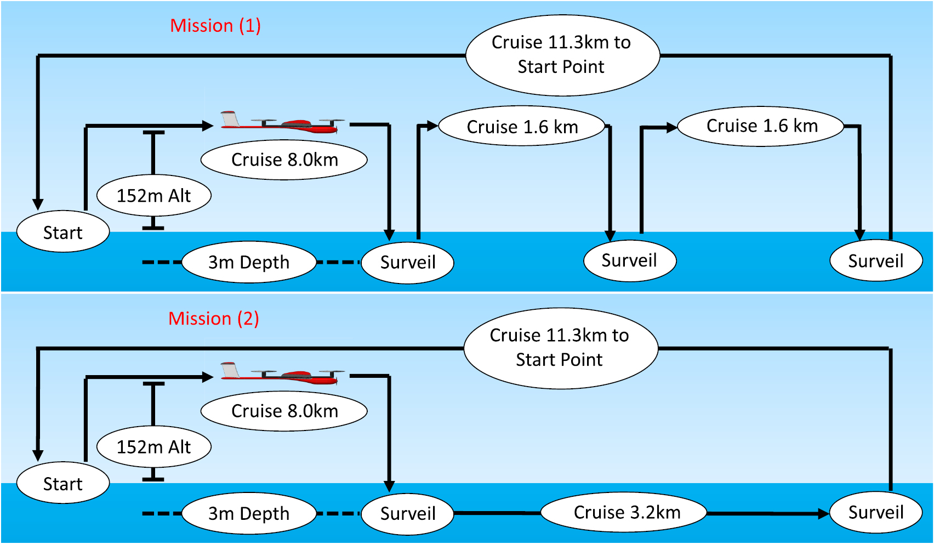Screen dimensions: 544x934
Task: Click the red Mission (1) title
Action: tap(215, 26)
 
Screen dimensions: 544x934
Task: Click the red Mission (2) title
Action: tap(213, 319)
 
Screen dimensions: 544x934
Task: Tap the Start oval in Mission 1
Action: tap(63, 232)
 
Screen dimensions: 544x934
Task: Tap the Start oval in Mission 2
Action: tap(63, 483)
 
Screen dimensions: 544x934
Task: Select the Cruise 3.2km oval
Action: tap(624, 512)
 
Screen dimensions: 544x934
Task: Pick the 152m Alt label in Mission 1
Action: tap(154, 195)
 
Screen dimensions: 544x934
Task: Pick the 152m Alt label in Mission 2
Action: tap(154, 446)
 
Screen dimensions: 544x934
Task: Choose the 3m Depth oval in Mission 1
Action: tap(249, 262)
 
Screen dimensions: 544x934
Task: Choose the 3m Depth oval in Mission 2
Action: tap(249, 513)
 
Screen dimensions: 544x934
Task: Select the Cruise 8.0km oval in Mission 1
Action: tap(284, 160)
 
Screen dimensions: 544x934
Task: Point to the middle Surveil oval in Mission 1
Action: tap(629, 260)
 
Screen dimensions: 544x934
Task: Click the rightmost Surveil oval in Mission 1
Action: tap(875, 261)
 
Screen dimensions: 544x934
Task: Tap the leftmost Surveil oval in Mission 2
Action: tap(408, 513)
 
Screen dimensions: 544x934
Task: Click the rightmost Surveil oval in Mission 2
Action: tap(875, 512)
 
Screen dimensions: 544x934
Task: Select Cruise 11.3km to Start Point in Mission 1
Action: tap(562, 55)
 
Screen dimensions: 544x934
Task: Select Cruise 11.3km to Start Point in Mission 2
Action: tap(560, 348)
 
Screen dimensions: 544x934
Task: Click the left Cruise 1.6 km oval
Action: tap(522, 127)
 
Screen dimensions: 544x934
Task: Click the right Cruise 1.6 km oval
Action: tap(761, 126)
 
